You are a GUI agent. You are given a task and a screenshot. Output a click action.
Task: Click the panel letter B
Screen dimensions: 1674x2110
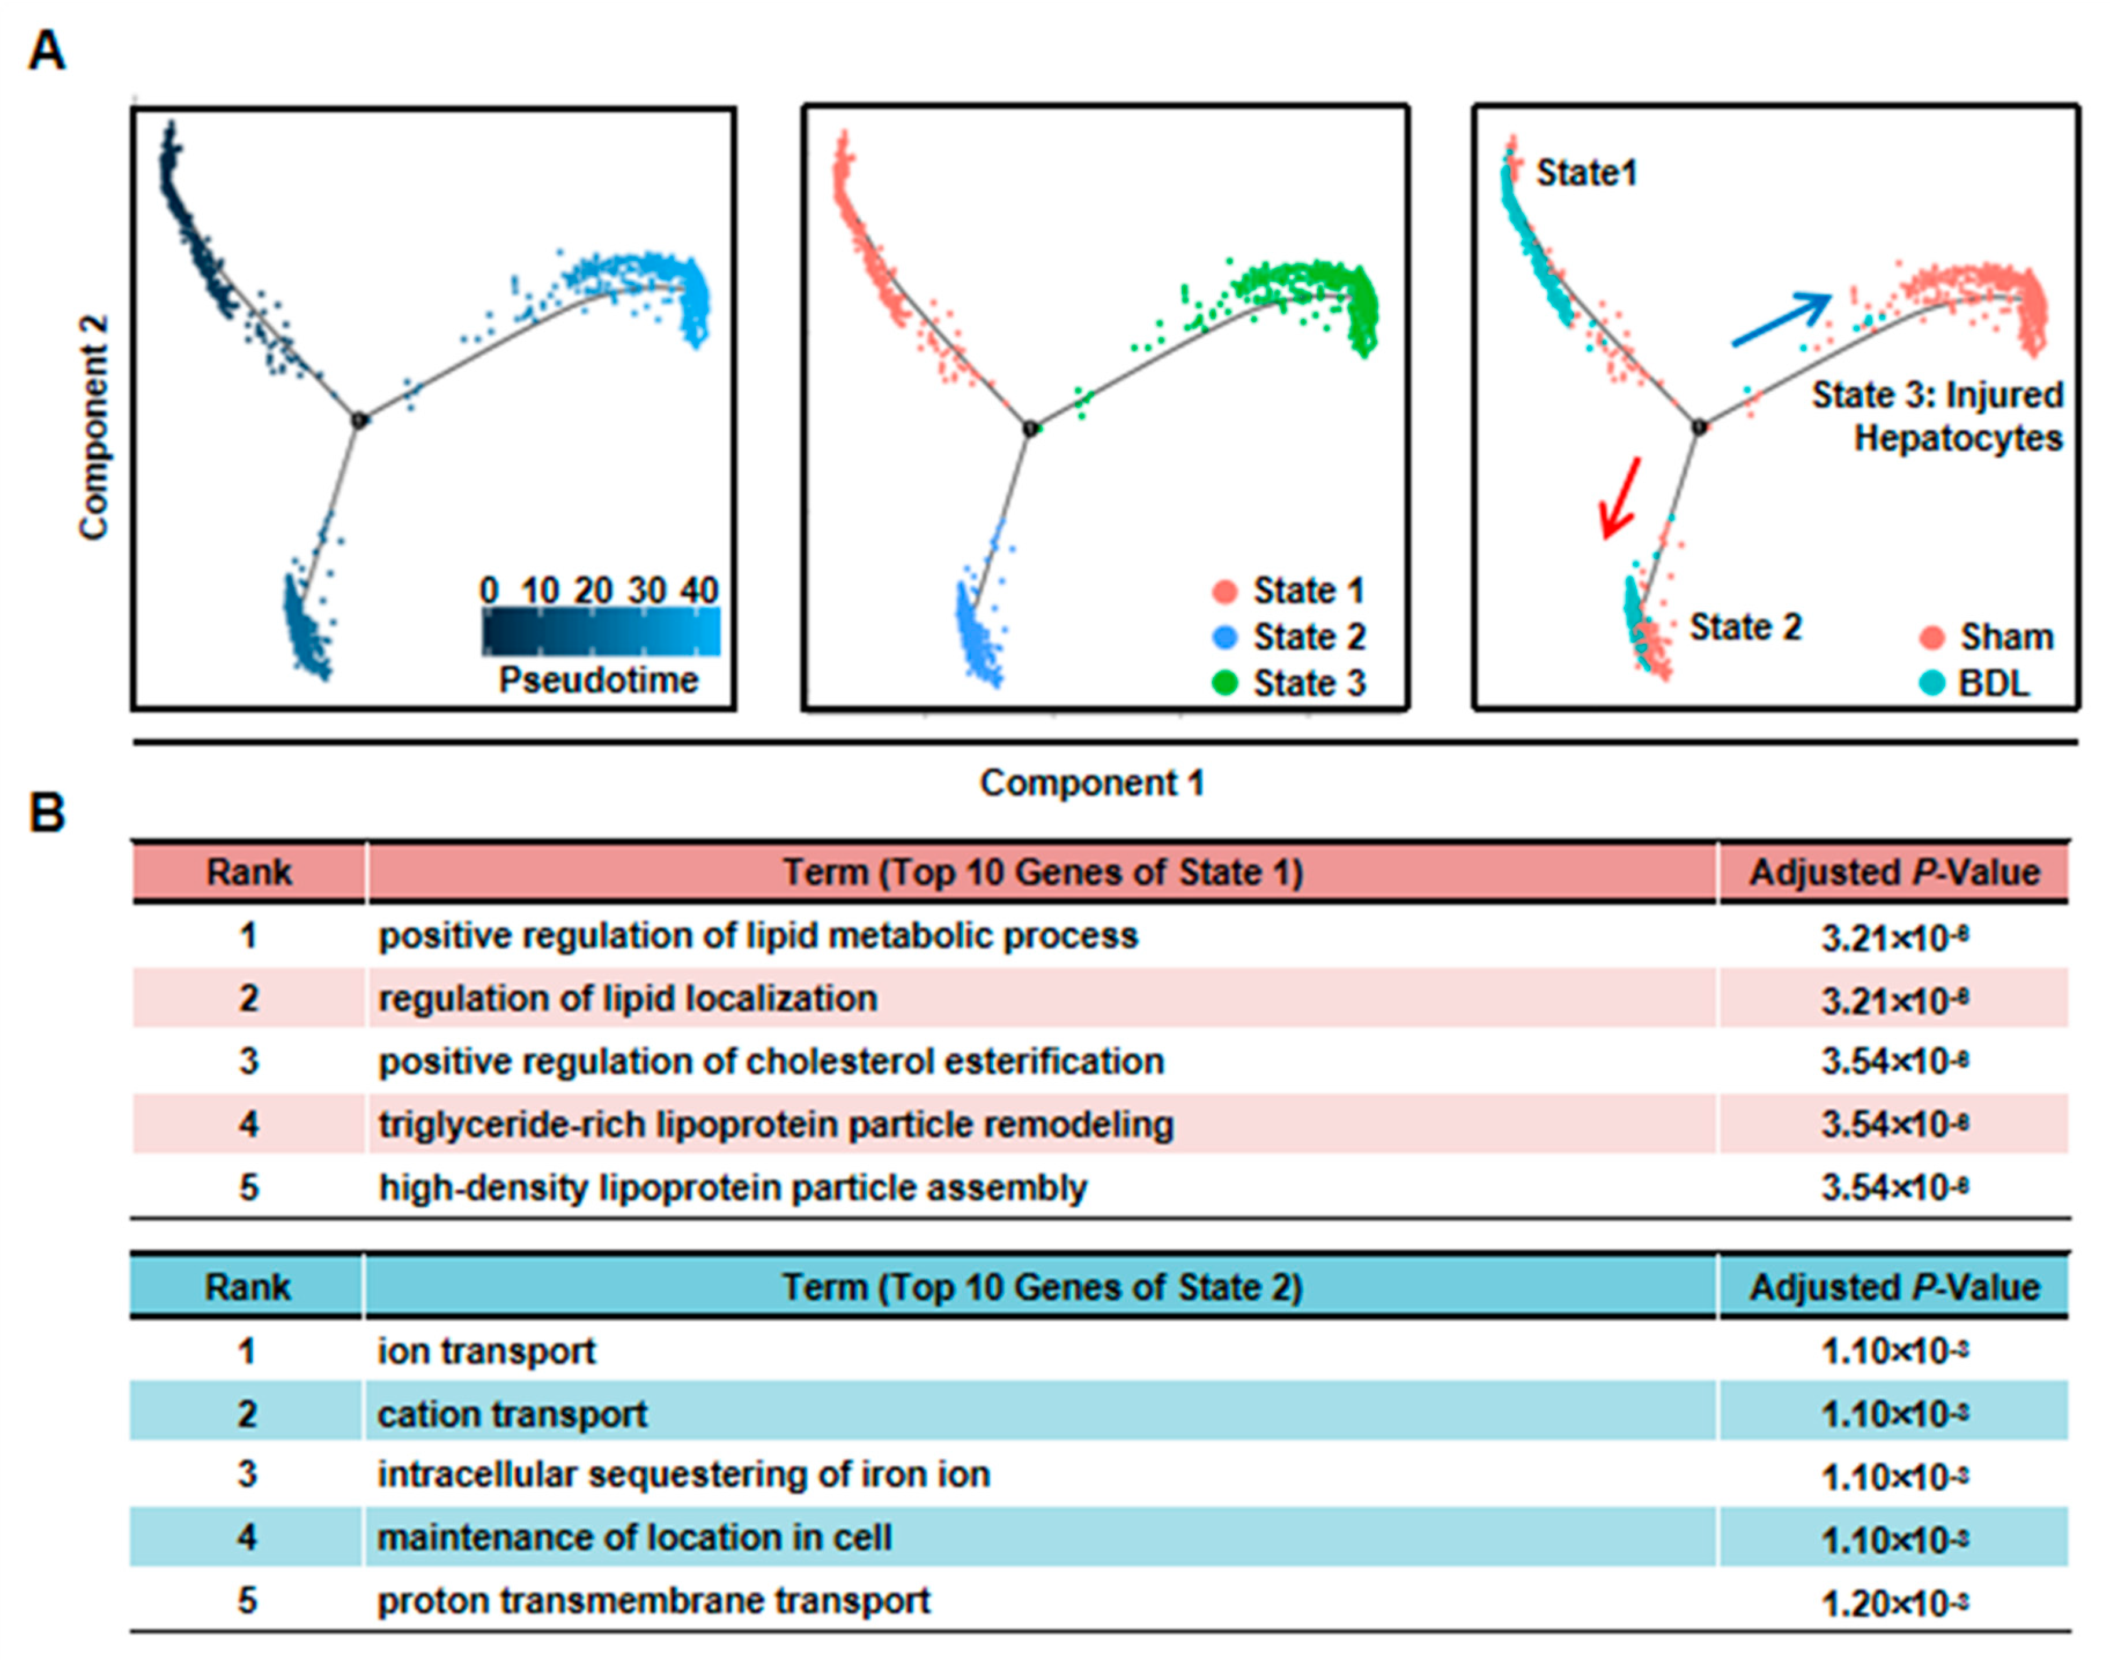46,812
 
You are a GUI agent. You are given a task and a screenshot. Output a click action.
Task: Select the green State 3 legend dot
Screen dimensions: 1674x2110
1225,683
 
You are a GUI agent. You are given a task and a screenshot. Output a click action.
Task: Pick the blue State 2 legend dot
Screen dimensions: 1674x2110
1225,637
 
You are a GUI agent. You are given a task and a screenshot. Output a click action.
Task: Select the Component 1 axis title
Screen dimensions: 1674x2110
1091,783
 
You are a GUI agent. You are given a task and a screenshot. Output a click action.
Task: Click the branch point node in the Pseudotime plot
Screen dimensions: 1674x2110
359,420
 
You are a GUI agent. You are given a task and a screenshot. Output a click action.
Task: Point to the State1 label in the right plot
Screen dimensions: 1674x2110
1585,174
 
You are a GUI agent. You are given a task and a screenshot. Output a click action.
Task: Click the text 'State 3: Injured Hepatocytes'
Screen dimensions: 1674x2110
1938,416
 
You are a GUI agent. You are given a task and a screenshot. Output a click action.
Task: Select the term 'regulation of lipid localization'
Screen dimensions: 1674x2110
628,998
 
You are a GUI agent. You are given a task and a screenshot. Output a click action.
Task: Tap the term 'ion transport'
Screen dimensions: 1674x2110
486,1351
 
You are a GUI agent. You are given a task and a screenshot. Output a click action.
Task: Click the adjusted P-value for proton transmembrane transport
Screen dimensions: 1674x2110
1894,1602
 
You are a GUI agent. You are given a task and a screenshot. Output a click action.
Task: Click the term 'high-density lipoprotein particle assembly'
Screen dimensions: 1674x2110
733,1188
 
